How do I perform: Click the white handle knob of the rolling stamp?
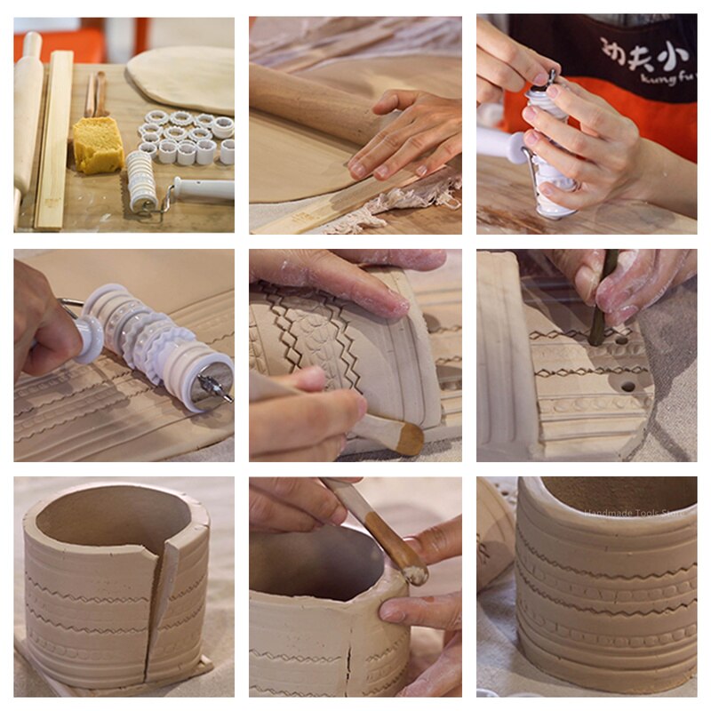pyautogui.click(x=90, y=339)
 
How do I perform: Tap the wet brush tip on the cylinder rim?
pyautogui.click(x=414, y=574)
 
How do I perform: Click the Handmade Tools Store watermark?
pyautogui.click(x=638, y=513)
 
